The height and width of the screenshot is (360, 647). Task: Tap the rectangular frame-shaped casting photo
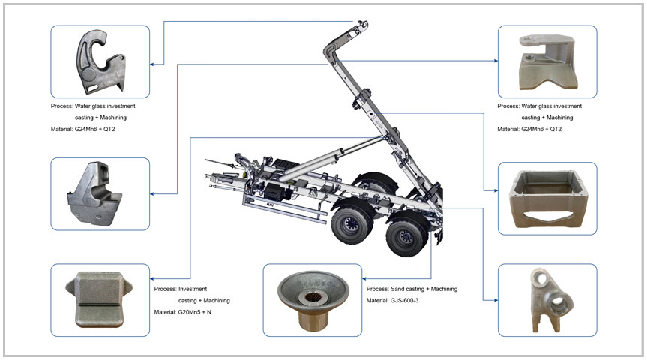548,199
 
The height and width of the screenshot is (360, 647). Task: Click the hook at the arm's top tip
361,25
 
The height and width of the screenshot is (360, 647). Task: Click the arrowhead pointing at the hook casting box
152,64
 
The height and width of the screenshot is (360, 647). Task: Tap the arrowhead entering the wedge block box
152,298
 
